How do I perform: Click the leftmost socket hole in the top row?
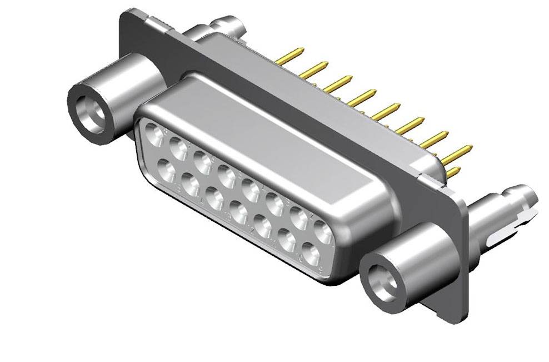[x=153, y=134]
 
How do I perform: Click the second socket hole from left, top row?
[x=179, y=147]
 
